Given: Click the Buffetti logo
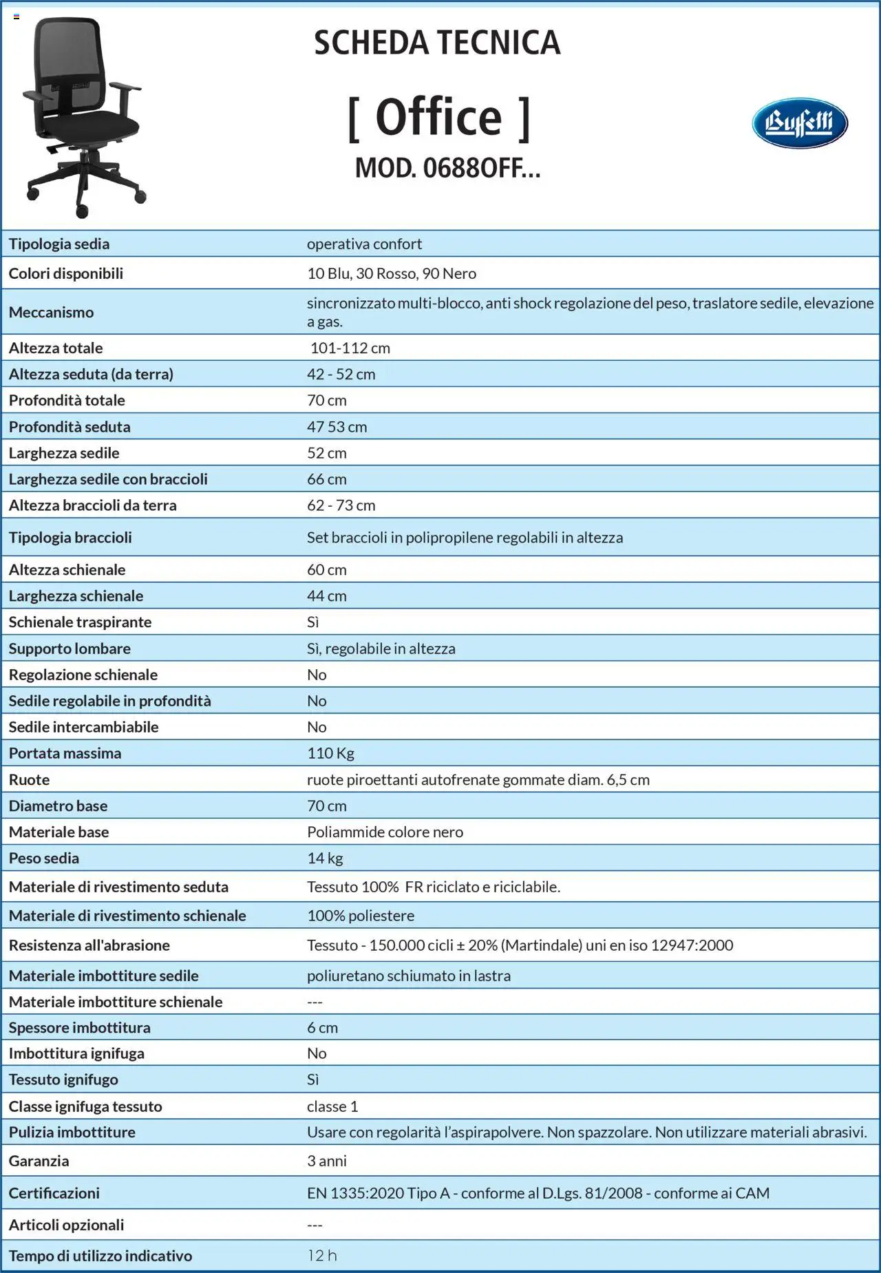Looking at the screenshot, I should (x=799, y=123).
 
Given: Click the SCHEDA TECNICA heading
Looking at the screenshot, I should (x=437, y=43).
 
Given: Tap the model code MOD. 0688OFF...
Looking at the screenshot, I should (x=447, y=168).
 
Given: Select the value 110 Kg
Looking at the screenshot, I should (x=330, y=753).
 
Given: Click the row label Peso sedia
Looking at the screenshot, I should (x=44, y=858).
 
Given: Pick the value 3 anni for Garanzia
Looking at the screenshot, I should (x=327, y=1161).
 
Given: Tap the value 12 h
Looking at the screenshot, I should (x=322, y=1255).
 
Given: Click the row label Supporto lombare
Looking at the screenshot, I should (x=70, y=649).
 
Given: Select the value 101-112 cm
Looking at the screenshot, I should (x=350, y=348).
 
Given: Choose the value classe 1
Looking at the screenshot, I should (x=332, y=1106).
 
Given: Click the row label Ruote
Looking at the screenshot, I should (x=29, y=779).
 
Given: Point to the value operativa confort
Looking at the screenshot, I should (x=364, y=244).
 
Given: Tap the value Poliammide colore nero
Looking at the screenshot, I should (x=385, y=832).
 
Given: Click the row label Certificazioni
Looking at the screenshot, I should (x=54, y=1193).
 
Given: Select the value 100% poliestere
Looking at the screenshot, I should (x=361, y=916).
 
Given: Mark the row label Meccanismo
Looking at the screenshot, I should (x=51, y=312).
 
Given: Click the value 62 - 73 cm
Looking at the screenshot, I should (x=341, y=505).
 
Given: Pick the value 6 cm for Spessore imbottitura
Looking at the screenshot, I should (x=322, y=1027).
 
